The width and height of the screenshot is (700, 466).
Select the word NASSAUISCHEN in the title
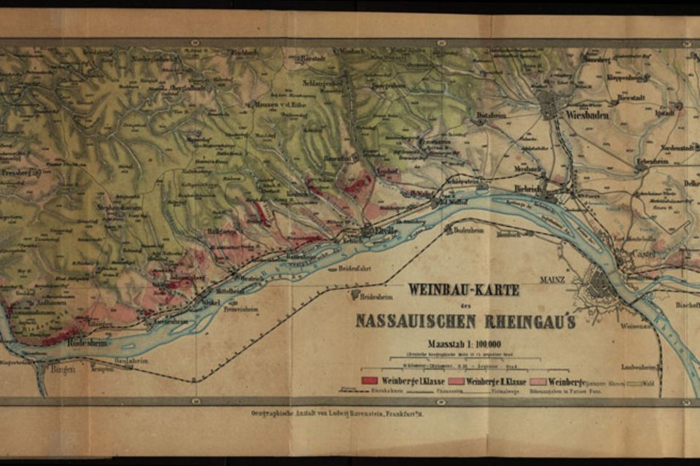click(414, 321)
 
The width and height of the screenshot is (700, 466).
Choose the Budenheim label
click(469, 230)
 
